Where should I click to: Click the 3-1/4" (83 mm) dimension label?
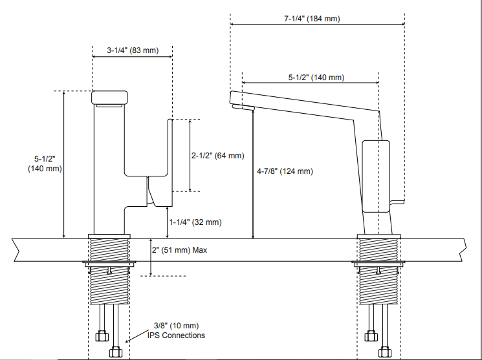(x=132, y=50)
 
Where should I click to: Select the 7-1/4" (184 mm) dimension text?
(x=311, y=19)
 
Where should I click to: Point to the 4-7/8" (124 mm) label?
(x=285, y=171)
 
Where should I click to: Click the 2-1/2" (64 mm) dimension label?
(x=218, y=155)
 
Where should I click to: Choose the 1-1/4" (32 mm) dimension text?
(x=195, y=222)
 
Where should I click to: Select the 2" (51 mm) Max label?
(x=179, y=249)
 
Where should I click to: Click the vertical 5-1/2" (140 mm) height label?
(x=45, y=164)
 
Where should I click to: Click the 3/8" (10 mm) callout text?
(x=176, y=326)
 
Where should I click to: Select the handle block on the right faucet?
(x=375, y=176)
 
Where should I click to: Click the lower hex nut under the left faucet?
(x=116, y=353)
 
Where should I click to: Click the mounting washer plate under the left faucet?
(x=109, y=264)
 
